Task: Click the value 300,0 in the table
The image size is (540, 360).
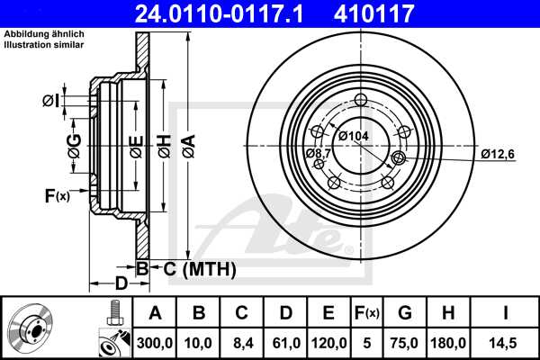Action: pos(155,342)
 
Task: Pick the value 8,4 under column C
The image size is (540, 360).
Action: pos(241,342)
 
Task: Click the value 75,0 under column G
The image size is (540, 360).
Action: pos(405,342)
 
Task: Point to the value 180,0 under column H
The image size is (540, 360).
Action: pos(448,342)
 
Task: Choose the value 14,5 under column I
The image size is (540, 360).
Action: pos(506,342)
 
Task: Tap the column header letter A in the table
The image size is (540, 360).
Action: pos(155,313)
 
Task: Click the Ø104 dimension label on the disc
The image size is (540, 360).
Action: pos(354,135)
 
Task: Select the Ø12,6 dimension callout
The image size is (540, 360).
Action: pos(497,154)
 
